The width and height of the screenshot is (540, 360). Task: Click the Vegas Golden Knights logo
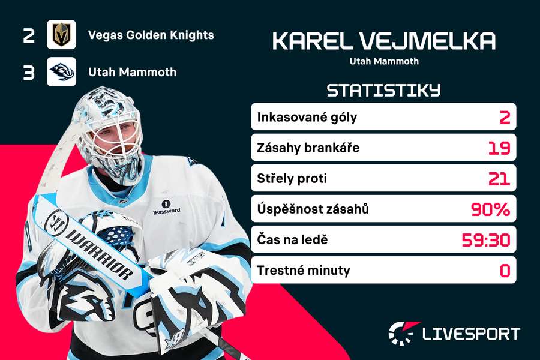click(x=61, y=35)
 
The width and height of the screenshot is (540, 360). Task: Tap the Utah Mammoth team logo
click(x=61, y=72)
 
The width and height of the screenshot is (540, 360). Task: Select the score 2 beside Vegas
click(x=29, y=35)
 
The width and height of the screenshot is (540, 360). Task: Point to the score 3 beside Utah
click(x=29, y=73)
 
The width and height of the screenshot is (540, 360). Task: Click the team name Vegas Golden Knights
click(x=151, y=35)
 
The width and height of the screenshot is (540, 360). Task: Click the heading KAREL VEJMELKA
click(x=384, y=41)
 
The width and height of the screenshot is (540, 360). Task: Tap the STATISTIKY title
click(x=383, y=91)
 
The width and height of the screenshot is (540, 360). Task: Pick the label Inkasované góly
click(x=307, y=117)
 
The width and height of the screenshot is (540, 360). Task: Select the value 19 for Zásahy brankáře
click(x=499, y=148)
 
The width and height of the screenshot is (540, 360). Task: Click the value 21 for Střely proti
click(x=499, y=179)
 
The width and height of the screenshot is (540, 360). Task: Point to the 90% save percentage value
click(x=491, y=209)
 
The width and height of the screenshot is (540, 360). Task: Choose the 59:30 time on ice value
click(x=486, y=240)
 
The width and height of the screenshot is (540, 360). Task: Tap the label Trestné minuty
click(x=303, y=271)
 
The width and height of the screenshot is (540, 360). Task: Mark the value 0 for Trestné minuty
click(x=505, y=271)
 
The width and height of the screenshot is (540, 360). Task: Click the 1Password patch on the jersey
click(x=166, y=207)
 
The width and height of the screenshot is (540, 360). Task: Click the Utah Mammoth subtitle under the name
click(x=384, y=61)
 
